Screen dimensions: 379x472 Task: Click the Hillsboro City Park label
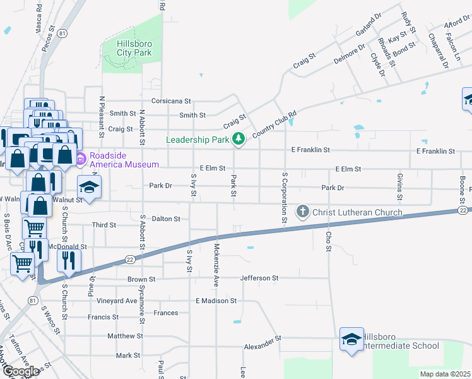click(134, 48)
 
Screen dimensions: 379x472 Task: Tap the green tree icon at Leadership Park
click(239, 139)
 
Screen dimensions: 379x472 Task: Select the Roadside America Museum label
click(124, 160)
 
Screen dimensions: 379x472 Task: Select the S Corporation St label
click(285, 188)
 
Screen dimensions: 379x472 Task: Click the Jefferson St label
click(259, 278)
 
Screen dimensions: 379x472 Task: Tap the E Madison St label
click(216, 301)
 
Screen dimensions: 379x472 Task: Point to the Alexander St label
click(263, 344)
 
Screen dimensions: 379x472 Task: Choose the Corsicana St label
click(170, 101)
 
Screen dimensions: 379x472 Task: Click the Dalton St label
click(166, 219)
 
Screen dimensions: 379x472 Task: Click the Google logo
click(21, 371)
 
